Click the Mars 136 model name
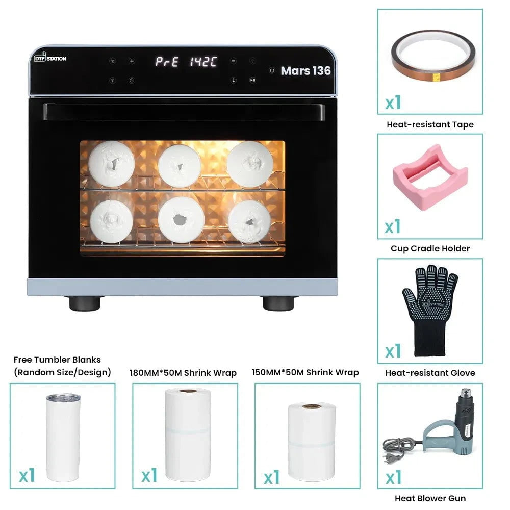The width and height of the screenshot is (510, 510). (305, 71)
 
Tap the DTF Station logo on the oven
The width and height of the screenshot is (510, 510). (50, 58)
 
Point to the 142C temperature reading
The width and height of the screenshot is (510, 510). (203, 62)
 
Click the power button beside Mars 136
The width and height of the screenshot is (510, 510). (272, 71)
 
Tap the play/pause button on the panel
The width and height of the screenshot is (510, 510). (252, 80)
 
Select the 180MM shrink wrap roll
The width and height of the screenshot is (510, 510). (188, 433)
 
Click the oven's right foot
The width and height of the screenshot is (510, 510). (278, 303)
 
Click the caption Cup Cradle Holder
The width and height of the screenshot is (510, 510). (430, 248)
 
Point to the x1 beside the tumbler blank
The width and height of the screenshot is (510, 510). (27, 475)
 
